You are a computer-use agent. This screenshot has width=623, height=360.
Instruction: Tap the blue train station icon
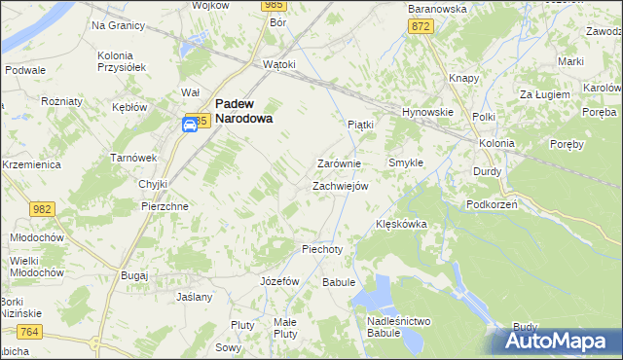pos(191,124)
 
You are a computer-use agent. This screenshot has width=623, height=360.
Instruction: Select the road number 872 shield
pos(421,27)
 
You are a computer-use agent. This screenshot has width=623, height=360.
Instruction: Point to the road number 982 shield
pos(42,209)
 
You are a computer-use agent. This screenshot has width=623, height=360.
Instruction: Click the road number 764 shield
pos(29,333)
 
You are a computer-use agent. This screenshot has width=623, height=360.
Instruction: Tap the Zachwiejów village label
pos(339,186)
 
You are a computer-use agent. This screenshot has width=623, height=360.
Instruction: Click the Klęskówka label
pos(402,224)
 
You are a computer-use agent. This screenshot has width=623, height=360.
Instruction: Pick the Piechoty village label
pos(322,249)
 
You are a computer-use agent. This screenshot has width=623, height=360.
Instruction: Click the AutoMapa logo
pos(557,341)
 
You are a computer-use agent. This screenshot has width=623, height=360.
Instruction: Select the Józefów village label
pos(279,280)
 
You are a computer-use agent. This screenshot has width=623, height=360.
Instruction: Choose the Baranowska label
pos(437,9)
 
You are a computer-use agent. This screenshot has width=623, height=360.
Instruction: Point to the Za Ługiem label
pos(542,94)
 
